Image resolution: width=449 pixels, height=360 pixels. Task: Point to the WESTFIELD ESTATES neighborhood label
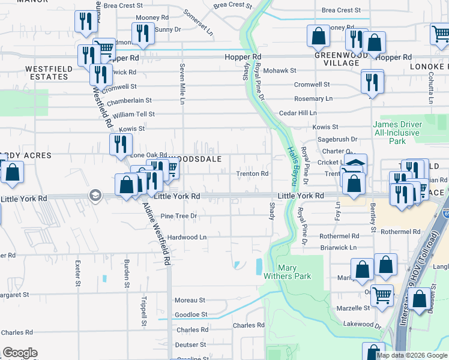pos(49,73)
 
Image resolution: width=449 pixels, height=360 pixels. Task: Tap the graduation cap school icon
pos(95,195)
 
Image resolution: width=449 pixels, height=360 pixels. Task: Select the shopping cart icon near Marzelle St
pos(382,295)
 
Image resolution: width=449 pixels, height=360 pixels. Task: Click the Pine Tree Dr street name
pos(179,215)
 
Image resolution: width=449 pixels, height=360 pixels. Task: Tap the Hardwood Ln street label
pos(187,237)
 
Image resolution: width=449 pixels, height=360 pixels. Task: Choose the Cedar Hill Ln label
pos(298,113)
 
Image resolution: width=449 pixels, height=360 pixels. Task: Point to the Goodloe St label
pos(191,314)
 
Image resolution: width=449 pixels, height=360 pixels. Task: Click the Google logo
pos(20,353)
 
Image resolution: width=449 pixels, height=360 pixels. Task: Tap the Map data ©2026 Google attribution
pos(411,355)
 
